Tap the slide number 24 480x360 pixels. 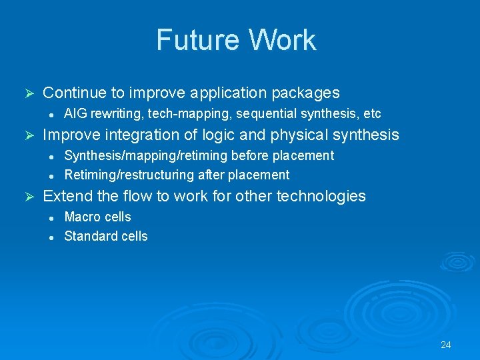click(446, 345)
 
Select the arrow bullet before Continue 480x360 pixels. click(28, 93)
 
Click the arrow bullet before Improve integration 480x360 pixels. click(28, 135)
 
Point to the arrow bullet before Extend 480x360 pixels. click(28, 197)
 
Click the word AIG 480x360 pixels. click(75, 114)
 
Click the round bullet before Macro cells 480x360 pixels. click(50, 217)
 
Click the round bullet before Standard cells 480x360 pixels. click(50, 237)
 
